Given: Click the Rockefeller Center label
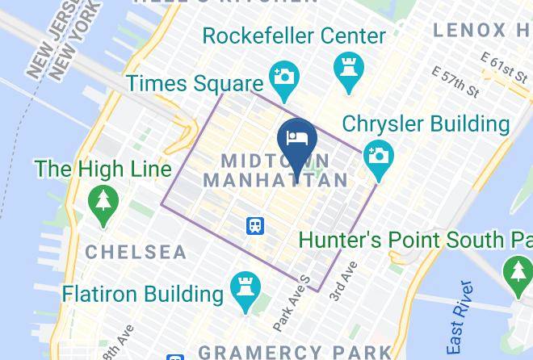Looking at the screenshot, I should tap(294, 36).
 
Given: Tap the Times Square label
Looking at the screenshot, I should tap(195, 83).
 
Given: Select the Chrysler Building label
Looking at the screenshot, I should tap(426, 124).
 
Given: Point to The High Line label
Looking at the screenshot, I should tap(103, 169).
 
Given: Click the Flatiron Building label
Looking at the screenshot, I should tap(144, 292).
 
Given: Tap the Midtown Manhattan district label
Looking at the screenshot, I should tap(275, 170).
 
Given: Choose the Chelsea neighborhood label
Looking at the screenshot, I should tap(136, 252).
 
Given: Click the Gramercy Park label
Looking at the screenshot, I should tap(295, 352).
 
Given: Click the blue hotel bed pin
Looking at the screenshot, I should tap(296, 137).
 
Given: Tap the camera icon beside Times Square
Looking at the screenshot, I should tap(283, 77).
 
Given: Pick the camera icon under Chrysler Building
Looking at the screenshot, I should tap(377, 155).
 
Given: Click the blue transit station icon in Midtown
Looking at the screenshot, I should tap(256, 225).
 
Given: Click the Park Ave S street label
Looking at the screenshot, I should tap(292, 303).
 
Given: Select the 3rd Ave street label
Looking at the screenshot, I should tap(342, 282).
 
